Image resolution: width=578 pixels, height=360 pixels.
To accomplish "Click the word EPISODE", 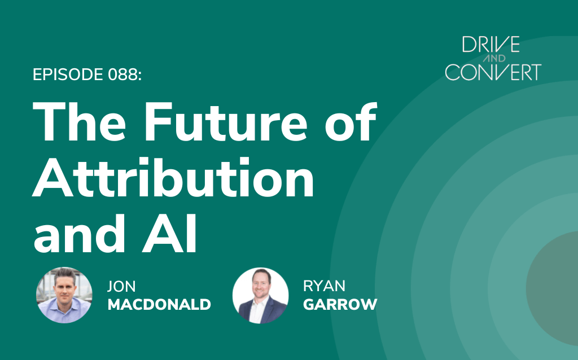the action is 68,75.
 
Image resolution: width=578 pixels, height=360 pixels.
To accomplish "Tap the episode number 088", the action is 124,75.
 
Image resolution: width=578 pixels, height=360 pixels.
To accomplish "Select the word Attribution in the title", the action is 173,177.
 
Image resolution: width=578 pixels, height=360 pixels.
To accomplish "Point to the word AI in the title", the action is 169,233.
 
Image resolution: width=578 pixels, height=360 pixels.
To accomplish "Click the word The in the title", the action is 79,121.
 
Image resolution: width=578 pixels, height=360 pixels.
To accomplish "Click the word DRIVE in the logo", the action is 491,44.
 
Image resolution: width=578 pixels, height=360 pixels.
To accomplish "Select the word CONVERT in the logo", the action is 493,72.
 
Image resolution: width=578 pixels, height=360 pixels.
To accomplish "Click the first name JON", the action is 121,286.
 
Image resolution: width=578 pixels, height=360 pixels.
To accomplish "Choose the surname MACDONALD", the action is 159,304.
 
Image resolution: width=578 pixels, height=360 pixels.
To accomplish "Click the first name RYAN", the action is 324,286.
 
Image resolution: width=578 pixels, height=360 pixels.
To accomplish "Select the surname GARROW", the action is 340,304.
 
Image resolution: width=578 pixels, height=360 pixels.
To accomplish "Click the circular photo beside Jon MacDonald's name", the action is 64,295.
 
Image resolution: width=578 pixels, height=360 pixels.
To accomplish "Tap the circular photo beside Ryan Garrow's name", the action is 261,296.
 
